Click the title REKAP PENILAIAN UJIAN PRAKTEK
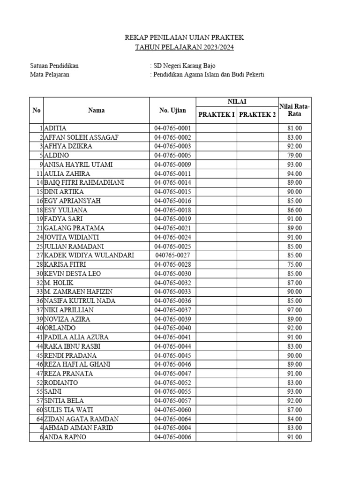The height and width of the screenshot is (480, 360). click(184, 38)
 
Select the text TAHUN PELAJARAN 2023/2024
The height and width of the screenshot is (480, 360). click(184, 47)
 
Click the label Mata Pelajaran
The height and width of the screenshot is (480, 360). click(50, 75)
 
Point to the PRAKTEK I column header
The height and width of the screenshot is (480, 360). click(216, 115)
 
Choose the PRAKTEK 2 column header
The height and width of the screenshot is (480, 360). click(257, 115)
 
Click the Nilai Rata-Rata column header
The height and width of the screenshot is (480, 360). click(294, 110)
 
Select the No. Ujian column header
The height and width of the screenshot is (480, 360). click(172, 111)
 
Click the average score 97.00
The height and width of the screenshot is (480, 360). click(295, 310)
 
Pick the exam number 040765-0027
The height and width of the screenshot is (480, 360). click(172, 255)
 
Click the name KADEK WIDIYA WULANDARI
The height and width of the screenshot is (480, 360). click(89, 255)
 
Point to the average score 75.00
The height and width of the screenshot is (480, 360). click(295, 264)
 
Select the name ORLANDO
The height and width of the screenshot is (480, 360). click(60, 328)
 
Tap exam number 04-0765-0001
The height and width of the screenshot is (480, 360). click(172, 128)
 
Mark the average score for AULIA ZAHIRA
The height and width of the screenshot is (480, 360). click(295, 173)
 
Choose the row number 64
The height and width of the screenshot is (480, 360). click(39, 419)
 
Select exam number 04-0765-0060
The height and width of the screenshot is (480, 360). click(172, 410)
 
